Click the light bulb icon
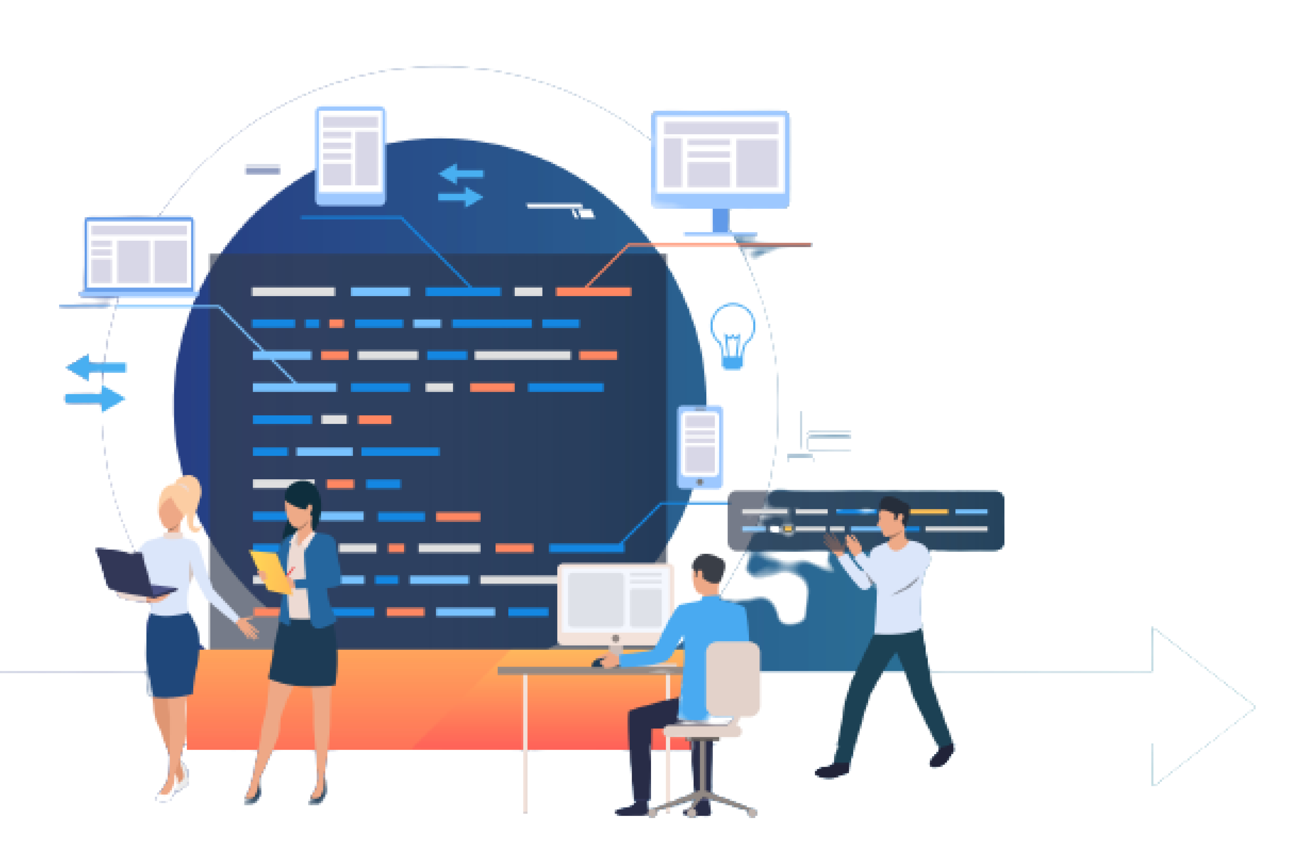coord(732,335)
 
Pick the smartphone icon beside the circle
coord(700,447)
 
